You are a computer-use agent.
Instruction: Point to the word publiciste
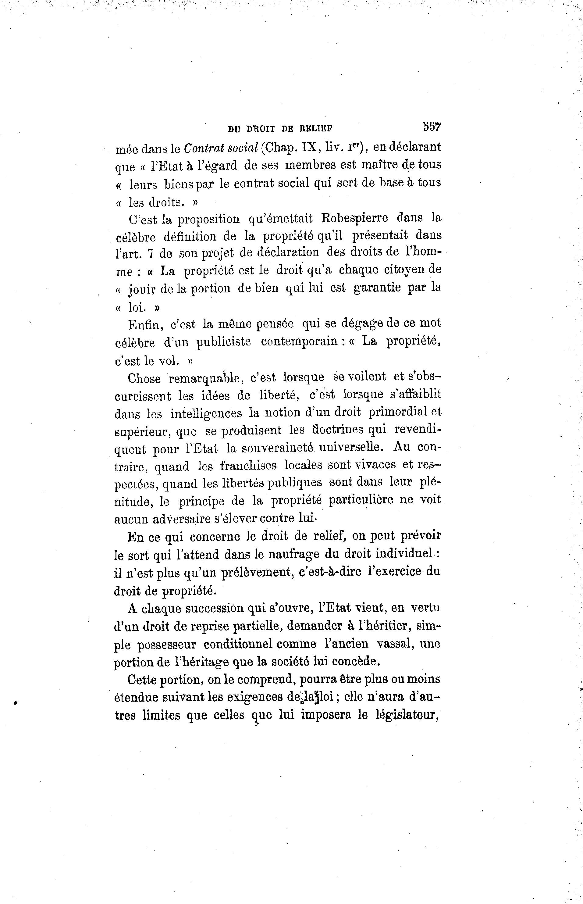click(x=223, y=342)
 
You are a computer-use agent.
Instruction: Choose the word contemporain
click(x=299, y=342)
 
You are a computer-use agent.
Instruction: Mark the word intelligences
click(x=206, y=413)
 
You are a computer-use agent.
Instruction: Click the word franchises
click(x=248, y=466)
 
